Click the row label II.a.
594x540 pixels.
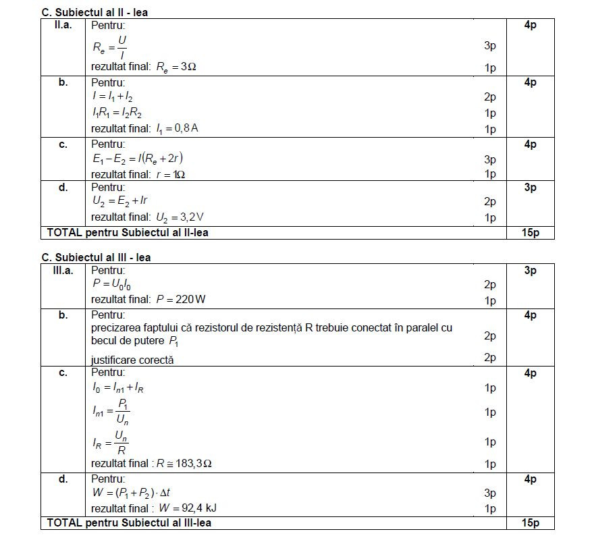click(x=62, y=26)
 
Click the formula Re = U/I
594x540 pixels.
click(x=109, y=47)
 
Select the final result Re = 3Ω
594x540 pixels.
click(x=176, y=67)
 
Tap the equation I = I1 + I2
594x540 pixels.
click(x=112, y=97)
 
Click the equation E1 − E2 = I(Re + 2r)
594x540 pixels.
click(x=138, y=159)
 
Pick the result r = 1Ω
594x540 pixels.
click(x=178, y=174)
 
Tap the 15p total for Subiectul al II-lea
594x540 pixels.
click(x=530, y=233)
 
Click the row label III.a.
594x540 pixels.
click(x=63, y=271)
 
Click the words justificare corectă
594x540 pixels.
click(x=132, y=360)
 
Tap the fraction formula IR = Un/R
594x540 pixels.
click(x=110, y=442)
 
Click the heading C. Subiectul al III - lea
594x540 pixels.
click(x=96, y=257)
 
